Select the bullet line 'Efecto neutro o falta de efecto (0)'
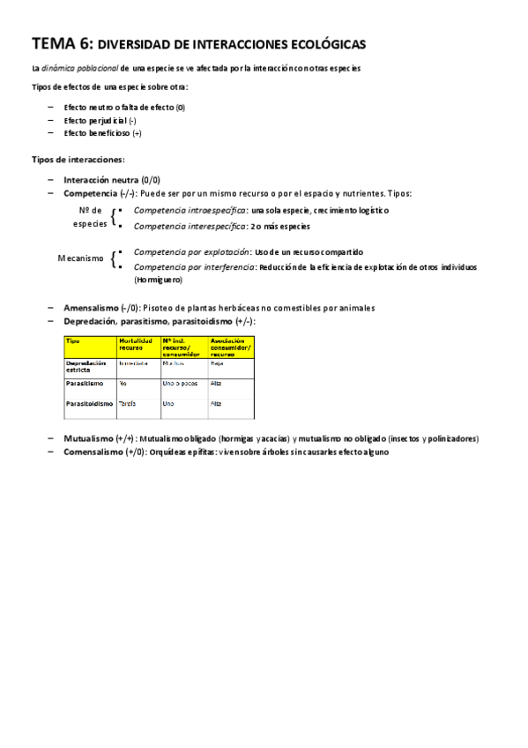click(x=124, y=108)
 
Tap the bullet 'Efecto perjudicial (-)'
click(x=100, y=121)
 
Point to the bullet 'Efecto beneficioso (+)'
click(x=102, y=134)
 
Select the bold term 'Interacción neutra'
click(x=101, y=179)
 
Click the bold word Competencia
click(x=90, y=192)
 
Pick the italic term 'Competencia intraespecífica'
click(x=190, y=211)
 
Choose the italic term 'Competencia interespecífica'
click(x=190, y=226)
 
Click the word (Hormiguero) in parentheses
click(x=158, y=280)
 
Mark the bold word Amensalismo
click(x=92, y=308)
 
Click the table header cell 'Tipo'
click(x=73, y=340)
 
